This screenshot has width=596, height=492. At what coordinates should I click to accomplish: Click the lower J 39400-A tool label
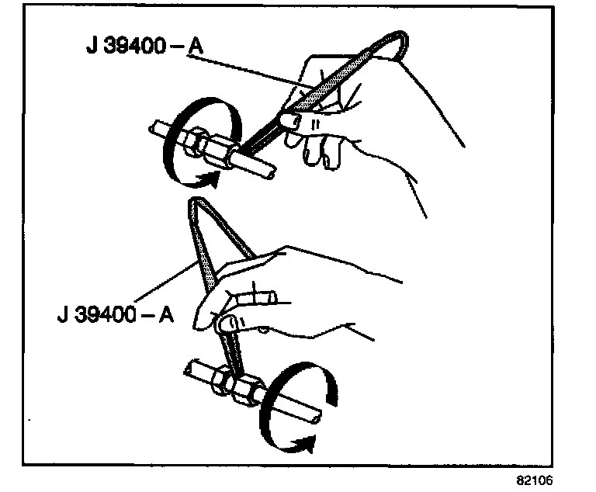[116, 317]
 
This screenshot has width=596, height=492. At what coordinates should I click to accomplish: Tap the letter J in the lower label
[61, 317]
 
